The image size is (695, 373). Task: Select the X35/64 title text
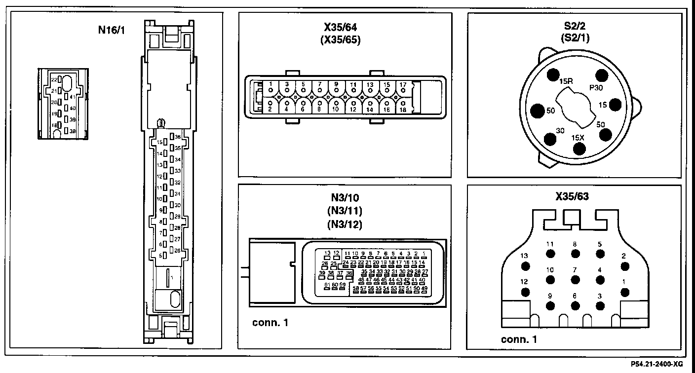pyautogui.click(x=340, y=29)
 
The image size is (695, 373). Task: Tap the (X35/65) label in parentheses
pyautogui.click(x=340, y=40)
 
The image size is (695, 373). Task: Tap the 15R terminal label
pyautogui.click(x=566, y=80)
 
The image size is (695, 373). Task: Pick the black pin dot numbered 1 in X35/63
pyautogui.click(x=625, y=292)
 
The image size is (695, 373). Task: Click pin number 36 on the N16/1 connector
pyautogui.click(x=178, y=137)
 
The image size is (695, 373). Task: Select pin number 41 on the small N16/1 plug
pyautogui.click(x=72, y=97)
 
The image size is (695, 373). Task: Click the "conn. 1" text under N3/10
pyautogui.click(x=270, y=324)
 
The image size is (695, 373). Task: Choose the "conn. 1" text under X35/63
pyautogui.click(x=519, y=339)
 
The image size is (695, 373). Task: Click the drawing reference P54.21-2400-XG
pyautogui.click(x=657, y=364)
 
